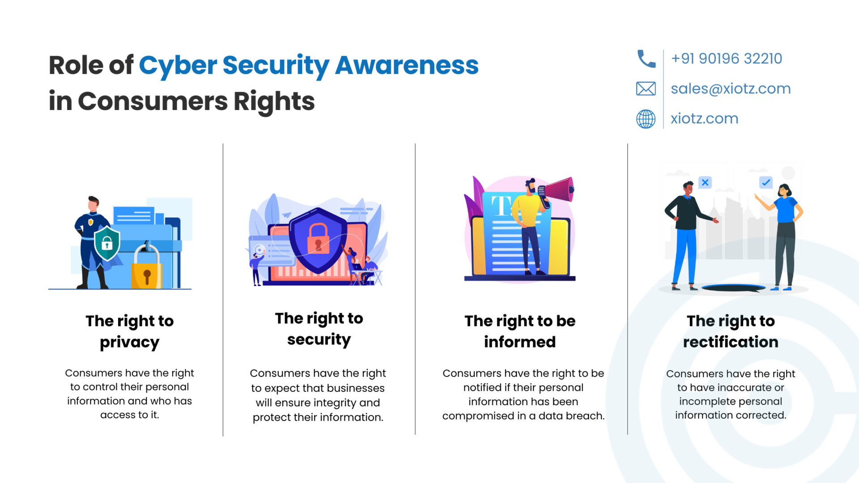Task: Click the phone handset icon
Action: (646, 59)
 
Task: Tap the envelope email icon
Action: (646, 89)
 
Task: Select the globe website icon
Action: (646, 119)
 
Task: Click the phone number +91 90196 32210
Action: (727, 59)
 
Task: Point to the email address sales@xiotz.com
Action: (731, 89)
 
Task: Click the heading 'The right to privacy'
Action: (130, 331)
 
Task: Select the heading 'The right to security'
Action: (319, 329)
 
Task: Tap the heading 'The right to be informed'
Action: (520, 331)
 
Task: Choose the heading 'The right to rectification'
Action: (731, 331)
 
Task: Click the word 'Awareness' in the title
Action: (407, 65)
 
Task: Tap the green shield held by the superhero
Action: (107, 243)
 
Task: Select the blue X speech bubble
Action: (705, 182)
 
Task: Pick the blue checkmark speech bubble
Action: (766, 182)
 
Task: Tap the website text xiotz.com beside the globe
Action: (704, 119)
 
